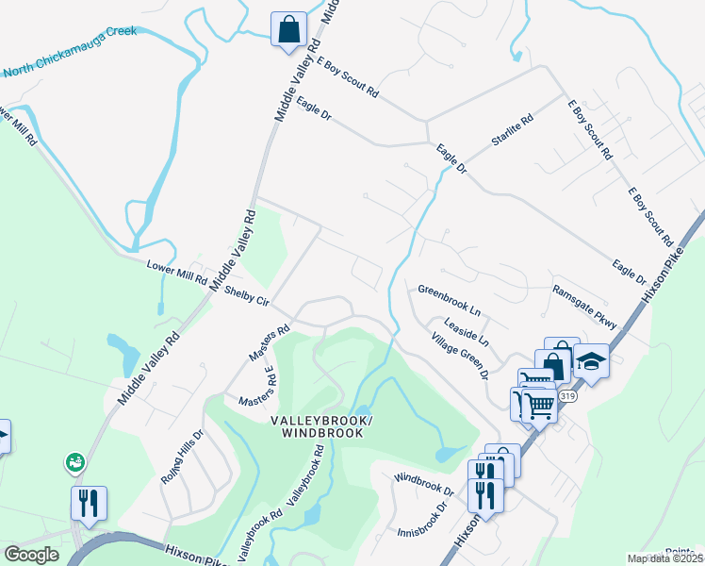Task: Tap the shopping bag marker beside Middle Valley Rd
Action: [288, 28]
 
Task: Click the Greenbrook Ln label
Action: [450, 298]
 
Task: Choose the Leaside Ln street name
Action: [467, 325]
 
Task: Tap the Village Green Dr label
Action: [459, 356]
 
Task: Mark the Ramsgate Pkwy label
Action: [584, 307]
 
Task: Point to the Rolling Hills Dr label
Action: [182, 459]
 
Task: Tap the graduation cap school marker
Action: [591, 360]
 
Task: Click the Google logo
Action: [31, 555]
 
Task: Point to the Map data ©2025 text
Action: [664, 558]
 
